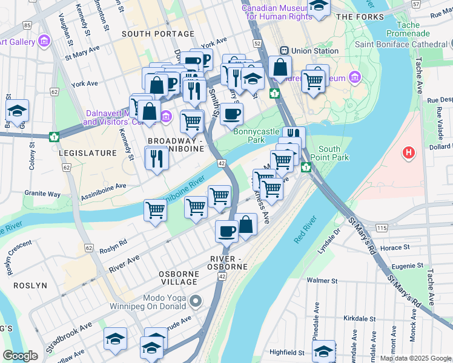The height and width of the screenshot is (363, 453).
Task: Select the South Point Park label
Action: (334, 153)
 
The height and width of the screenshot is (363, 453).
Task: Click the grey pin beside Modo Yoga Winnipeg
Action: (195, 301)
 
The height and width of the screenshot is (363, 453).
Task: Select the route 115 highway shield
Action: (381, 227)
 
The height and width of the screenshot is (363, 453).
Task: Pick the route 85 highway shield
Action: (27, 25)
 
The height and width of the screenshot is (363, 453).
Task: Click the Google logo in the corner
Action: (20, 355)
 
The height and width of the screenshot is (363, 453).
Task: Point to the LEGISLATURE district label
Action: (87, 153)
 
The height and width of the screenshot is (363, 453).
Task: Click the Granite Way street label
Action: (42, 194)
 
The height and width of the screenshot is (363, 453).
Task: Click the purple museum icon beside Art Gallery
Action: (43, 41)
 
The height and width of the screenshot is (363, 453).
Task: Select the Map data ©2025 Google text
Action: (415, 358)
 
